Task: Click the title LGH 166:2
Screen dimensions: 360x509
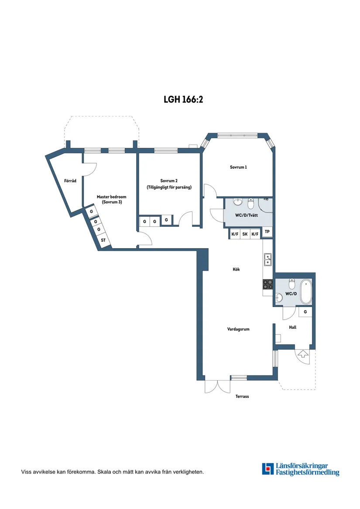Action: point(183,99)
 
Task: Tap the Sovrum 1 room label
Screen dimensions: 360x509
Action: point(238,167)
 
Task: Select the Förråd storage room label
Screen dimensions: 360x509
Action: point(70,181)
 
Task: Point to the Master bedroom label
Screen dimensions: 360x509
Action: point(111,197)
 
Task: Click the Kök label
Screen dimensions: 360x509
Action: point(236,269)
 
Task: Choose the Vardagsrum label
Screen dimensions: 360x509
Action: point(238,329)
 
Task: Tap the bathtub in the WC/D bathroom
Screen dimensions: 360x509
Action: point(306,292)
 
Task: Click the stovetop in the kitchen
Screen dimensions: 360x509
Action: point(268,284)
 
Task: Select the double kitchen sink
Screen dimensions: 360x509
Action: point(268,260)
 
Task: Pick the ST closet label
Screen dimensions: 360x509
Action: point(103,240)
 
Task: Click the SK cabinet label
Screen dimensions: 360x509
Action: point(245,234)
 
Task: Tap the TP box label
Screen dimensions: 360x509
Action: point(267,232)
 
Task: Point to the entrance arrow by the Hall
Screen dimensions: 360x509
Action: point(303,353)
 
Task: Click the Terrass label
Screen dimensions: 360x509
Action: point(242,396)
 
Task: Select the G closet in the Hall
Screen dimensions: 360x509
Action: point(305,311)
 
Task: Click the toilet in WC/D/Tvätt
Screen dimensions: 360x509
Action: point(251,203)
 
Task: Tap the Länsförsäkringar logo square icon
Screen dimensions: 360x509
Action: point(268,469)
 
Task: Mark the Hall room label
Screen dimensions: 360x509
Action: point(292,327)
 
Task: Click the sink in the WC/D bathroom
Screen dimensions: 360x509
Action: point(279,297)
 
